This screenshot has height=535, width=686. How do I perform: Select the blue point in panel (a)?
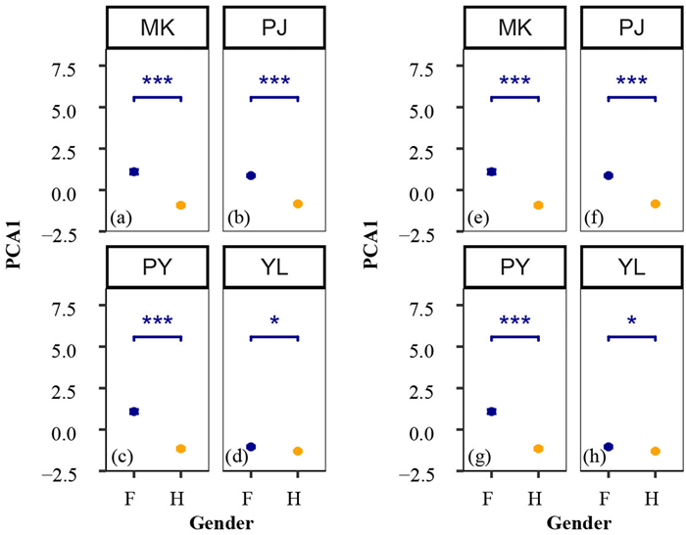pyautogui.click(x=134, y=171)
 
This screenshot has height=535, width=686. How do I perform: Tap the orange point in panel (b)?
pyautogui.click(x=298, y=204)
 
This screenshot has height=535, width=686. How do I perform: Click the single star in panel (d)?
pyautogui.click(x=274, y=322)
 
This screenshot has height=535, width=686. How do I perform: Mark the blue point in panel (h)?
pyautogui.click(x=608, y=447)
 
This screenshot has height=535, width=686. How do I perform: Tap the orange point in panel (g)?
pyautogui.click(x=538, y=449)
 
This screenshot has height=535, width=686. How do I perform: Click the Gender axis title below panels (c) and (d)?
pyautogui.click(x=220, y=522)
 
